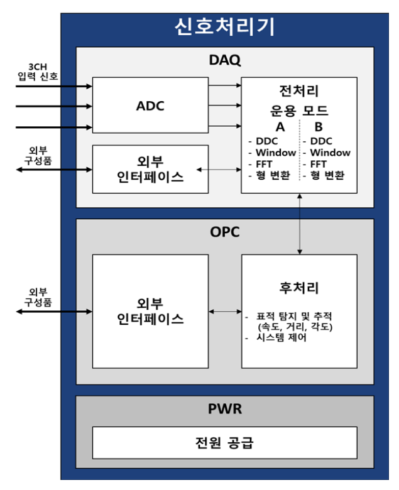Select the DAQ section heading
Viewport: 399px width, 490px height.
(x=224, y=61)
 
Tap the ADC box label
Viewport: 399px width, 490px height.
(x=150, y=106)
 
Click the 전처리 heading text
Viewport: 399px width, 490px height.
(x=298, y=92)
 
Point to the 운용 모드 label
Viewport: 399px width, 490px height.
(x=298, y=111)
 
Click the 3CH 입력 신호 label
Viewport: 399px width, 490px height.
(x=38, y=72)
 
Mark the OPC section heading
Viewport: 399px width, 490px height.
(x=224, y=232)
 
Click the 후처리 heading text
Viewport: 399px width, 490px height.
(x=299, y=288)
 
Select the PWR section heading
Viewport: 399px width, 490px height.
(x=224, y=409)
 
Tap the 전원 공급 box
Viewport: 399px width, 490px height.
(x=224, y=443)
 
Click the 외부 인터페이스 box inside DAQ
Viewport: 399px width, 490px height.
(x=150, y=169)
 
